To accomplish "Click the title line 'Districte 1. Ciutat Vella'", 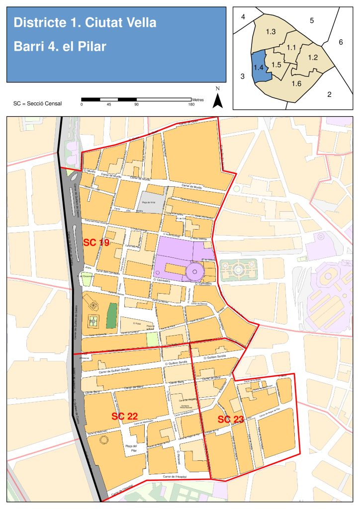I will coord(85,23).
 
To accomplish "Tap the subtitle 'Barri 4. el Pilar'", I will coord(60,47).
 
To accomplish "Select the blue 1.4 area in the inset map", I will coord(261,67).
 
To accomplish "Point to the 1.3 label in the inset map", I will coord(271,32).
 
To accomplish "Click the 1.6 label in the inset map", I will coord(296,83).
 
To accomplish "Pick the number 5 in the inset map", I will coord(312,20).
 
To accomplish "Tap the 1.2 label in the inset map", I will coord(313,58).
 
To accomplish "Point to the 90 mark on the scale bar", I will coord(136,104).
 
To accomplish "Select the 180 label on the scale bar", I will coord(191,104).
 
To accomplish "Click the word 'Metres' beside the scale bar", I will coord(197,99).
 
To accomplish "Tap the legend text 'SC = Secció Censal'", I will coord(38,104).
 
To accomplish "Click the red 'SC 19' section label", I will coord(96,243).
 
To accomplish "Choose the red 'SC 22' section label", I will coord(124,416).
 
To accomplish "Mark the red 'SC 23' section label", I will coord(231,420).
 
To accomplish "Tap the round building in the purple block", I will coord(195,271).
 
